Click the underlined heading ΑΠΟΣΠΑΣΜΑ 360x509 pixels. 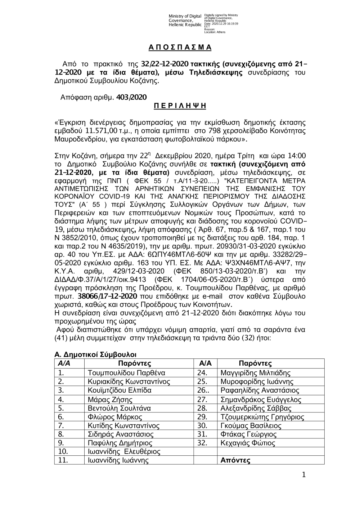(x=180, y=48)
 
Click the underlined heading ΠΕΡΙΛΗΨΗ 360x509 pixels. (x=180, y=106)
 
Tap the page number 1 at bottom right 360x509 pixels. (x=303, y=475)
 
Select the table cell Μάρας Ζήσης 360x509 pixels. (x=110, y=399)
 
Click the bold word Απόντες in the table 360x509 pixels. (x=235, y=460)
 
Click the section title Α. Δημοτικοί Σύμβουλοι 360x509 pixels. (x=95, y=355)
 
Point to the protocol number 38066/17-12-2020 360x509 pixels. (x=107, y=296)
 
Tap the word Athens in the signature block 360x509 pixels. (x=220, y=32)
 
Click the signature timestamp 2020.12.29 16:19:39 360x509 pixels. (x=223, y=23)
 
